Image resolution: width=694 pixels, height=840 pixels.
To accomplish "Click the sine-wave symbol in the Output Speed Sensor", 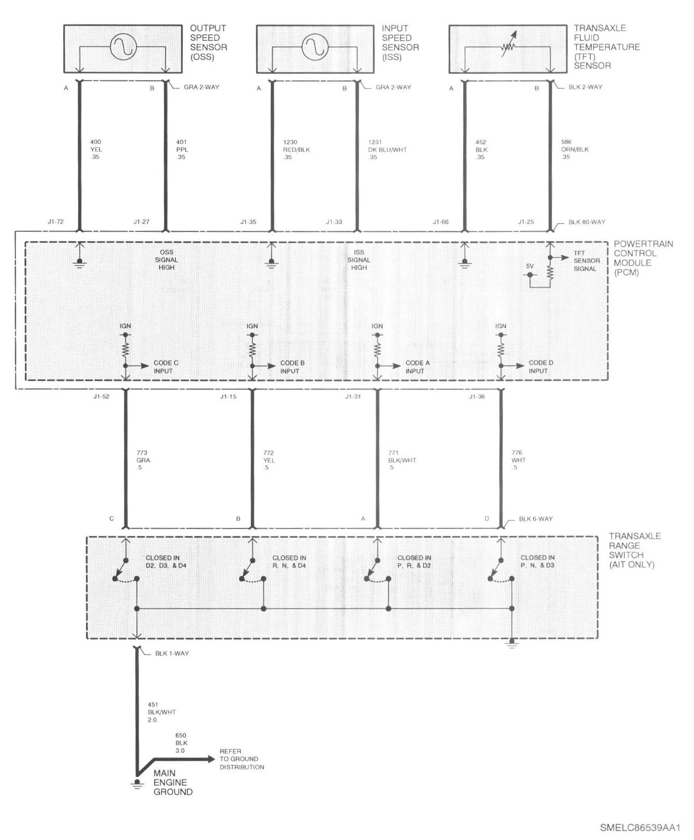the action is coord(123,47).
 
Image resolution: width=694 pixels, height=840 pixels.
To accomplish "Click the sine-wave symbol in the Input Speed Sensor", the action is coord(315,47).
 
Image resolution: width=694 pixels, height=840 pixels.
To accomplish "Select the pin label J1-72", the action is coord(56,222).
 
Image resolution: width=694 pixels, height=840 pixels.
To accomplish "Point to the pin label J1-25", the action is coord(526,222).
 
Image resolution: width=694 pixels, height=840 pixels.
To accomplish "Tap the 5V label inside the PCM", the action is coord(530,266).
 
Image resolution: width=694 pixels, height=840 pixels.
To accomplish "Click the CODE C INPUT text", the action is coord(166,367).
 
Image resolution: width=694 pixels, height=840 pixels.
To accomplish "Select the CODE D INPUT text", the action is coord(541,367).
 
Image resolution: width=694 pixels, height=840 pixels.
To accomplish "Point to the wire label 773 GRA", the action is coord(143,456).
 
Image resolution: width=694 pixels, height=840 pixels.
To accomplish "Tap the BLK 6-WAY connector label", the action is coord(536,519).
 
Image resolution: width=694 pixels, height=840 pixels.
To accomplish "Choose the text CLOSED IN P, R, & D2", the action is coord(414,561).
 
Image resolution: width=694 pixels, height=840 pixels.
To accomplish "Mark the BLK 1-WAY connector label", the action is coord(172,653).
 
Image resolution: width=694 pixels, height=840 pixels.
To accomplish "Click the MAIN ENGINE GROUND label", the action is coord(173,782).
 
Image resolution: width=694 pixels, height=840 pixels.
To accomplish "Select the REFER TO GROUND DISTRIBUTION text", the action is coord(242,759).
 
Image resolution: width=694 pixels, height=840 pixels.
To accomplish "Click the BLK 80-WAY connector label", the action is coord(587,222).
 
